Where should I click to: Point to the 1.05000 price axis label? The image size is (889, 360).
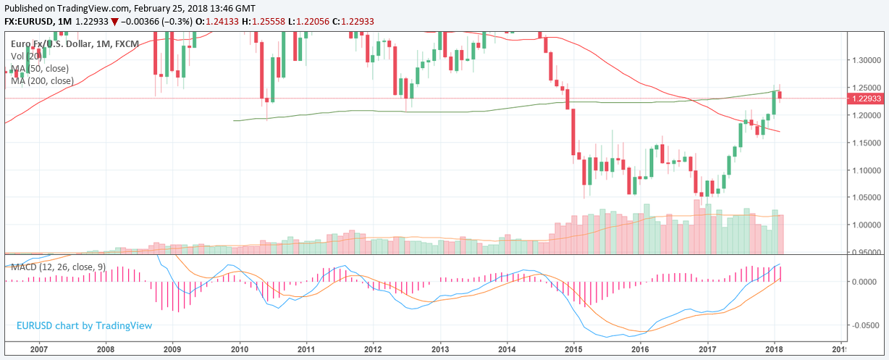tap(867, 198)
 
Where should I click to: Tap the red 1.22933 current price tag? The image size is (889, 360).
tap(867, 99)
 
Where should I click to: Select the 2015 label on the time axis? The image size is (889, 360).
tap(573, 348)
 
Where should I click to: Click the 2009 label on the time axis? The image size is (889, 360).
tap(172, 348)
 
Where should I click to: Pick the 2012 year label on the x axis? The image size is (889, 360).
tap(373, 348)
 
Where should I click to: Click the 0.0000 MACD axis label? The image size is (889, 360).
tap(867, 282)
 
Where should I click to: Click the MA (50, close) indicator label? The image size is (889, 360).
tap(41, 68)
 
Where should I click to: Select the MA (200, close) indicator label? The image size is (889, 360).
tap(43, 80)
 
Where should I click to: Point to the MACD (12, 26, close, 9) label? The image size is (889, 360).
tap(58, 267)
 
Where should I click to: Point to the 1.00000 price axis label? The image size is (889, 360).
tap(867, 225)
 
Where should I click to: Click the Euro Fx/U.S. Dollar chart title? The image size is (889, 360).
tap(43, 44)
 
